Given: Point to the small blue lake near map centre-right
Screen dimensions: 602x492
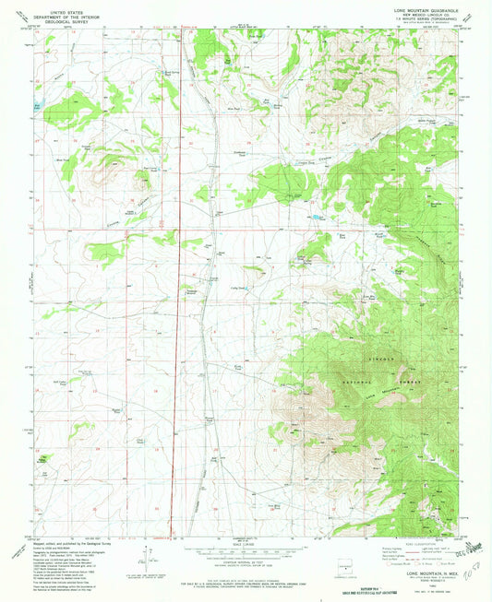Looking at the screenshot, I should (x=318, y=217).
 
